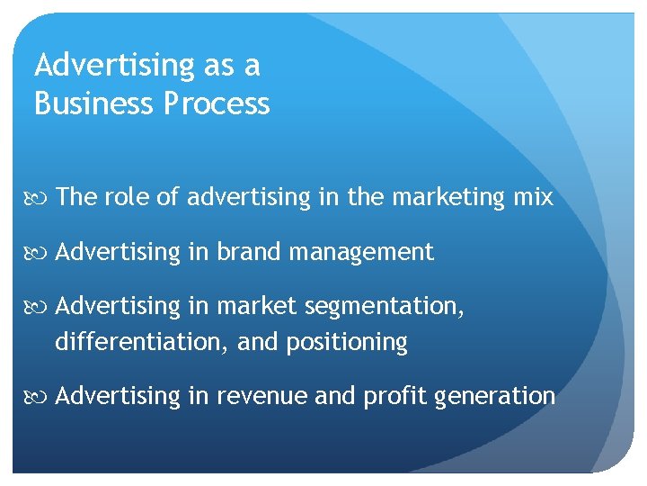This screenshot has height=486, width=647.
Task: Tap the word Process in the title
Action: point(217,103)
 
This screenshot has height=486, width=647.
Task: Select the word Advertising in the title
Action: point(112,66)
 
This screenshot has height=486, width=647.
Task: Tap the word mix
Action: point(534,197)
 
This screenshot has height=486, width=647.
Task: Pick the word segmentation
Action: point(385,307)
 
